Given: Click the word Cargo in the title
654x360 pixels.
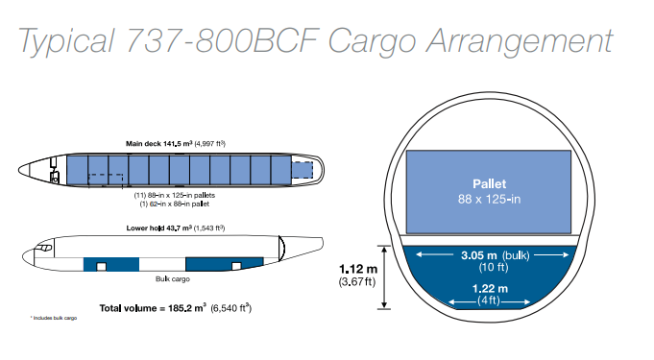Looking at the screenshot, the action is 373,41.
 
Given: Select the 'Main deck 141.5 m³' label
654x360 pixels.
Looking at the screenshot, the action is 159,143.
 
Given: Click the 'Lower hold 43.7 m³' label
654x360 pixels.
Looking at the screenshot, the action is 159,228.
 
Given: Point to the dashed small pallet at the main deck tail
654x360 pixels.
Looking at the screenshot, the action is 302,170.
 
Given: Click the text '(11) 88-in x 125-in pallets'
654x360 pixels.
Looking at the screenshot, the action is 175,195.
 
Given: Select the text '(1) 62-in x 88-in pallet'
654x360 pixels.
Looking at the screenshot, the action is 175,204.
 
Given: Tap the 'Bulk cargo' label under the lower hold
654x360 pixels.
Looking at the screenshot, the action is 173,278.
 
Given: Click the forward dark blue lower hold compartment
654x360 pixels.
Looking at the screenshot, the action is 111,264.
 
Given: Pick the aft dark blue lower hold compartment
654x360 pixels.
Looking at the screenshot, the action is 225,264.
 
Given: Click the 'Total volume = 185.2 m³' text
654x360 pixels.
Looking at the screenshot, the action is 153,308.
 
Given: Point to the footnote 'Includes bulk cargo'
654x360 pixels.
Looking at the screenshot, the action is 54,318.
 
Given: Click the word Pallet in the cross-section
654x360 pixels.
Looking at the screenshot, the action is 489,184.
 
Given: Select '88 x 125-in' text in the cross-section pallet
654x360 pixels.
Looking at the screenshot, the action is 489,200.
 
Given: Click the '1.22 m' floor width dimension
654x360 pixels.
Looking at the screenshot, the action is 490,288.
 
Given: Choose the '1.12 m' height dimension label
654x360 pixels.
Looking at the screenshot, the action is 358,269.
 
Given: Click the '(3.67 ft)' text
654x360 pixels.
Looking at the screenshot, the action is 357,282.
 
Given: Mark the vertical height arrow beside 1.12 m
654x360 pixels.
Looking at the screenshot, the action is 384,277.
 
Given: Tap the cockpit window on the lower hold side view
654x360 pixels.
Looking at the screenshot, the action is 44,248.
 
